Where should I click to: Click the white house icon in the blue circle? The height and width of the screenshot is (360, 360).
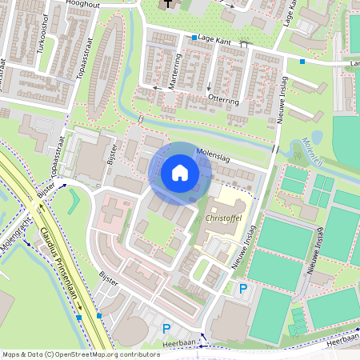pyautogui.click(x=180, y=172)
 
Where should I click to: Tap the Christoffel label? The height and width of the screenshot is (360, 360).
pyautogui.click(x=223, y=217)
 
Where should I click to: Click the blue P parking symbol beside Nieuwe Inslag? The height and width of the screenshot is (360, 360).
pyautogui.click(x=242, y=289)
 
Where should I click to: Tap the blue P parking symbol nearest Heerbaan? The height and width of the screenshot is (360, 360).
pyautogui.click(x=166, y=328)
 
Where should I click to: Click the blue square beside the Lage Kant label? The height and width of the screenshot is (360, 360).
pyautogui.click(x=194, y=38)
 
